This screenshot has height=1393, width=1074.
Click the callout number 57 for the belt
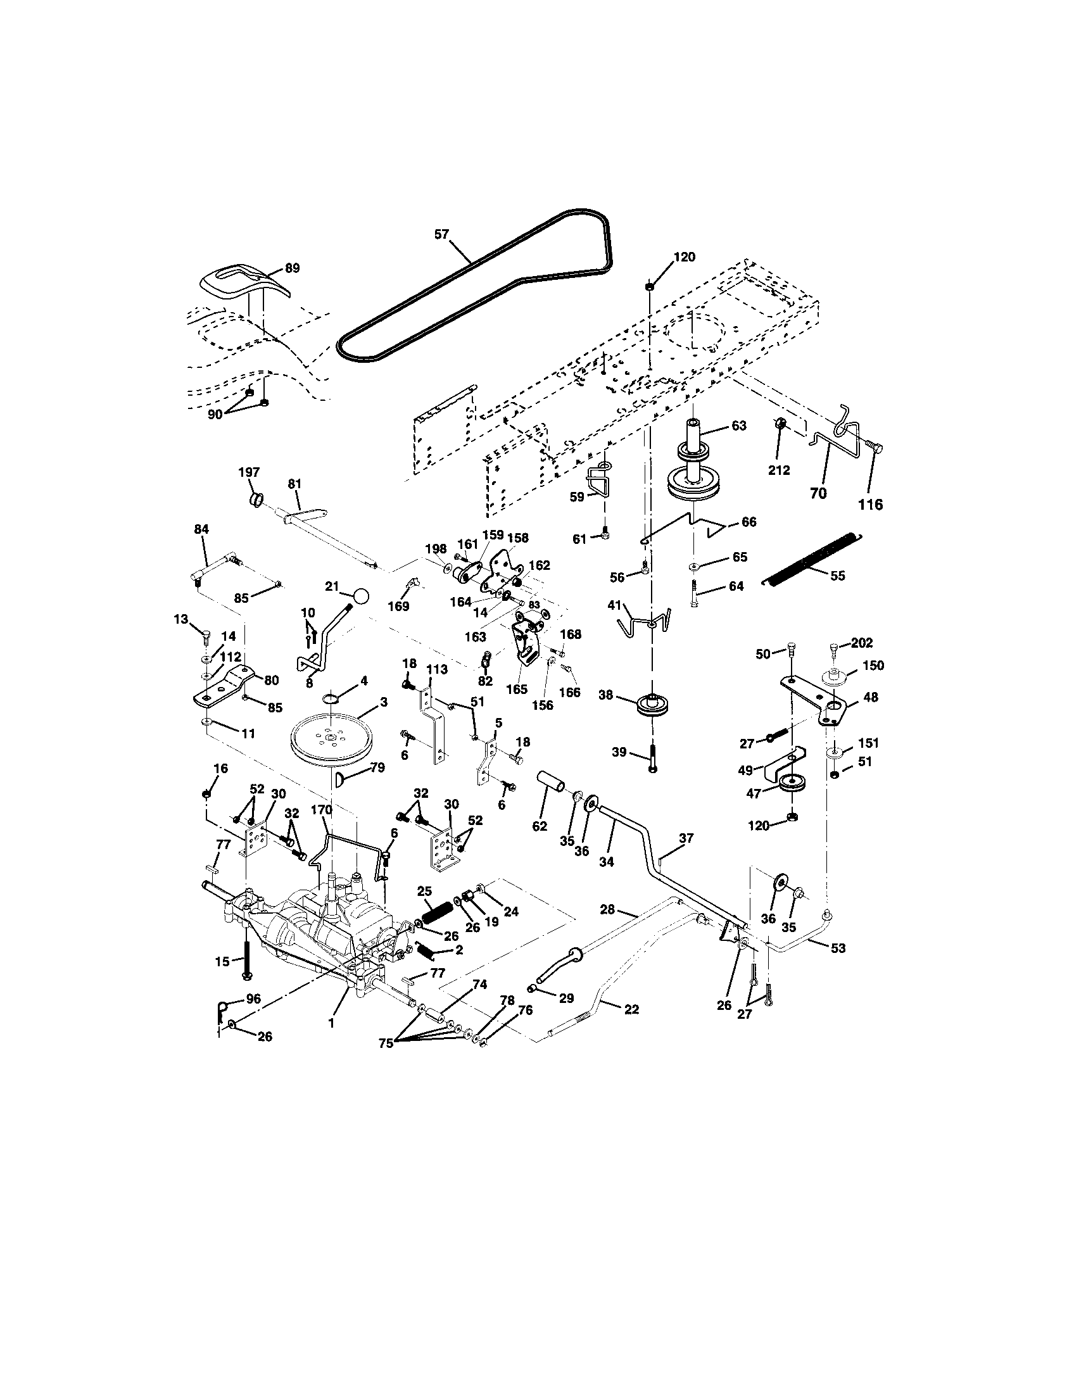tap(441, 234)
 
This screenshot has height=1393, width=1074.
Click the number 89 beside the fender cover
tap(291, 268)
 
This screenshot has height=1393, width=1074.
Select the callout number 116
tap(870, 505)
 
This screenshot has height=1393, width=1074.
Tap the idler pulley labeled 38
tap(650, 706)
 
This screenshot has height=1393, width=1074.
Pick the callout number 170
tap(322, 810)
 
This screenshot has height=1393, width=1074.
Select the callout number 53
tap(838, 966)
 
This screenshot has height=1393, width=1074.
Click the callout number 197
tap(249, 472)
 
